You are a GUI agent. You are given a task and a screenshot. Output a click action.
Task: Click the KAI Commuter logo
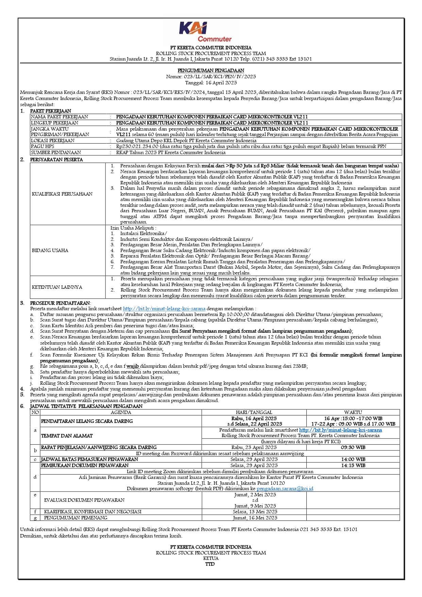(x=205, y=32)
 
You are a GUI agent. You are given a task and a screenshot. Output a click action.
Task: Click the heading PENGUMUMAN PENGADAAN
(x=211, y=71)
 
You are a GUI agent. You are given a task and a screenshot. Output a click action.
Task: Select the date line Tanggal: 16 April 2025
(x=211, y=83)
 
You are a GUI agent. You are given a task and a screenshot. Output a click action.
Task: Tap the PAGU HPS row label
(x=43, y=146)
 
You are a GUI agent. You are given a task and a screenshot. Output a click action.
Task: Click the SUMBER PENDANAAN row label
(x=56, y=152)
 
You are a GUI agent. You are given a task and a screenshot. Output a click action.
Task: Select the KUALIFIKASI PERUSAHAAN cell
(x=62, y=194)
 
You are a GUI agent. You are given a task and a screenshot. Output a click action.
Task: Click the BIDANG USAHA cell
(x=50, y=250)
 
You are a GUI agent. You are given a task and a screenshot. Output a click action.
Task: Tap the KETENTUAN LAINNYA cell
(x=57, y=287)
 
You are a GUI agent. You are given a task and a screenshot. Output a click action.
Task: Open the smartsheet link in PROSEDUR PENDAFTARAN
(x=164, y=309)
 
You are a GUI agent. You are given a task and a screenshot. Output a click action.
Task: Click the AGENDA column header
(x=121, y=412)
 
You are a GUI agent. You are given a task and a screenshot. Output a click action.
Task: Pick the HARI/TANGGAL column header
(x=254, y=412)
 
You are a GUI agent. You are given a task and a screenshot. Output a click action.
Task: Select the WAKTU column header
(x=353, y=412)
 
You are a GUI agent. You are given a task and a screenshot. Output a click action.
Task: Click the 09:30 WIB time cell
(x=353, y=447)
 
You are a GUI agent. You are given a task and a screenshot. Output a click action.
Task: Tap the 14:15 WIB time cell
(x=353, y=465)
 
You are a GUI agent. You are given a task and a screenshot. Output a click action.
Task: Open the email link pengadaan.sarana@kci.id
(x=285, y=488)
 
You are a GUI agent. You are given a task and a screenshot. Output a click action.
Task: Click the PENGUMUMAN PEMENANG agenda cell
(x=75, y=518)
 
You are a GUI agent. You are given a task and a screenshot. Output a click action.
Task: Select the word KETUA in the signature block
(x=211, y=558)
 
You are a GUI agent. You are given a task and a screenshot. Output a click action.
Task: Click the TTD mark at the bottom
(x=210, y=564)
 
